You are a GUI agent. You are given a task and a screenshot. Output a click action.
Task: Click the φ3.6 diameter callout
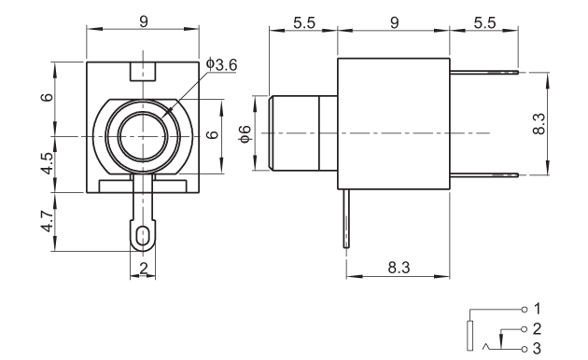(x=221, y=64)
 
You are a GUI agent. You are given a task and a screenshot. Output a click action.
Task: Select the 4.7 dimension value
(x=48, y=221)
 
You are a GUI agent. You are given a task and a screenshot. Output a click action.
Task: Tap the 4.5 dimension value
(x=48, y=163)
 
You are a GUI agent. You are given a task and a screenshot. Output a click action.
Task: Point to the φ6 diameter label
(x=245, y=133)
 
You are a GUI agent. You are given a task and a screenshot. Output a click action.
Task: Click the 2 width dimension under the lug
(x=143, y=269)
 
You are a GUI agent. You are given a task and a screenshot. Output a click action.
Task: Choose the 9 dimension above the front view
(x=144, y=21)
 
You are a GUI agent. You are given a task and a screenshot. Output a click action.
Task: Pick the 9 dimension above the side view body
(x=394, y=23)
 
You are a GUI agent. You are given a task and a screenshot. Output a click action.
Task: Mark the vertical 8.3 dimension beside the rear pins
(x=539, y=124)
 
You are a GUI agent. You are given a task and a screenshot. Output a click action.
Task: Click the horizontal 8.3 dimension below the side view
(x=399, y=268)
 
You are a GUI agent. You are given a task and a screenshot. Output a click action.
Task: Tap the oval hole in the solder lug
(x=142, y=236)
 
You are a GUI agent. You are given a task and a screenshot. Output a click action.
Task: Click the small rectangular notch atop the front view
(x=143, y=71)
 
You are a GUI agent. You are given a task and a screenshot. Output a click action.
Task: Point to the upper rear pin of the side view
(x=484, y=72)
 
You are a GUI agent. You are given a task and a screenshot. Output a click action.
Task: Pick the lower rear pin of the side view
(x=484, y=175)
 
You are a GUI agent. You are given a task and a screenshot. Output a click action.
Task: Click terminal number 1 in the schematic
(x=537, y=309)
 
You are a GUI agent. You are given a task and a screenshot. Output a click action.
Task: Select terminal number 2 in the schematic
(x=537, y=328)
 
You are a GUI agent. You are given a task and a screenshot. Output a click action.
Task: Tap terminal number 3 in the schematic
(x=537, y=349)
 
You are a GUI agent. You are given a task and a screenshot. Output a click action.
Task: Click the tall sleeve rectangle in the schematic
(x=469, y=336)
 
